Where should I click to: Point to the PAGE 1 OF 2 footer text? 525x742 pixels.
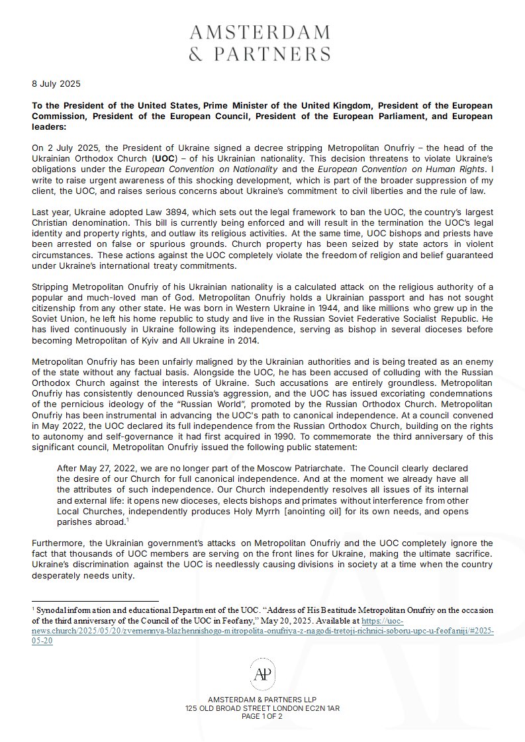pos(262,716)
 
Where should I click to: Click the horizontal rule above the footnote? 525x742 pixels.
pos(95,602)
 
